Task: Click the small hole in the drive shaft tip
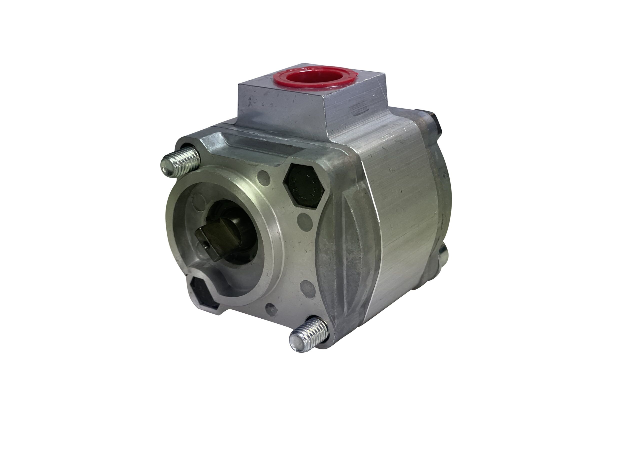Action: tap(206, 246)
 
